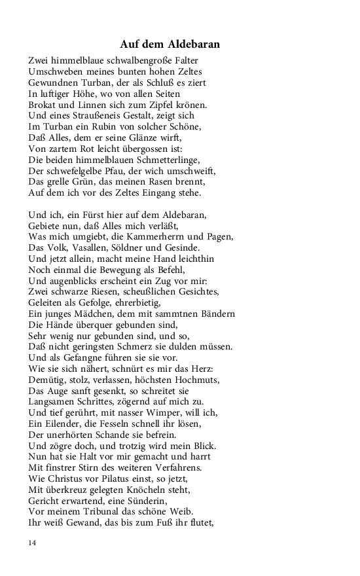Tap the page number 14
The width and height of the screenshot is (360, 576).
(x=32, y=543)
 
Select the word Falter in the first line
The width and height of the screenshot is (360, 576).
(x=185, y=60)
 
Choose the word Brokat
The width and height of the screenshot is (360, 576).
(x=43, y=104)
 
